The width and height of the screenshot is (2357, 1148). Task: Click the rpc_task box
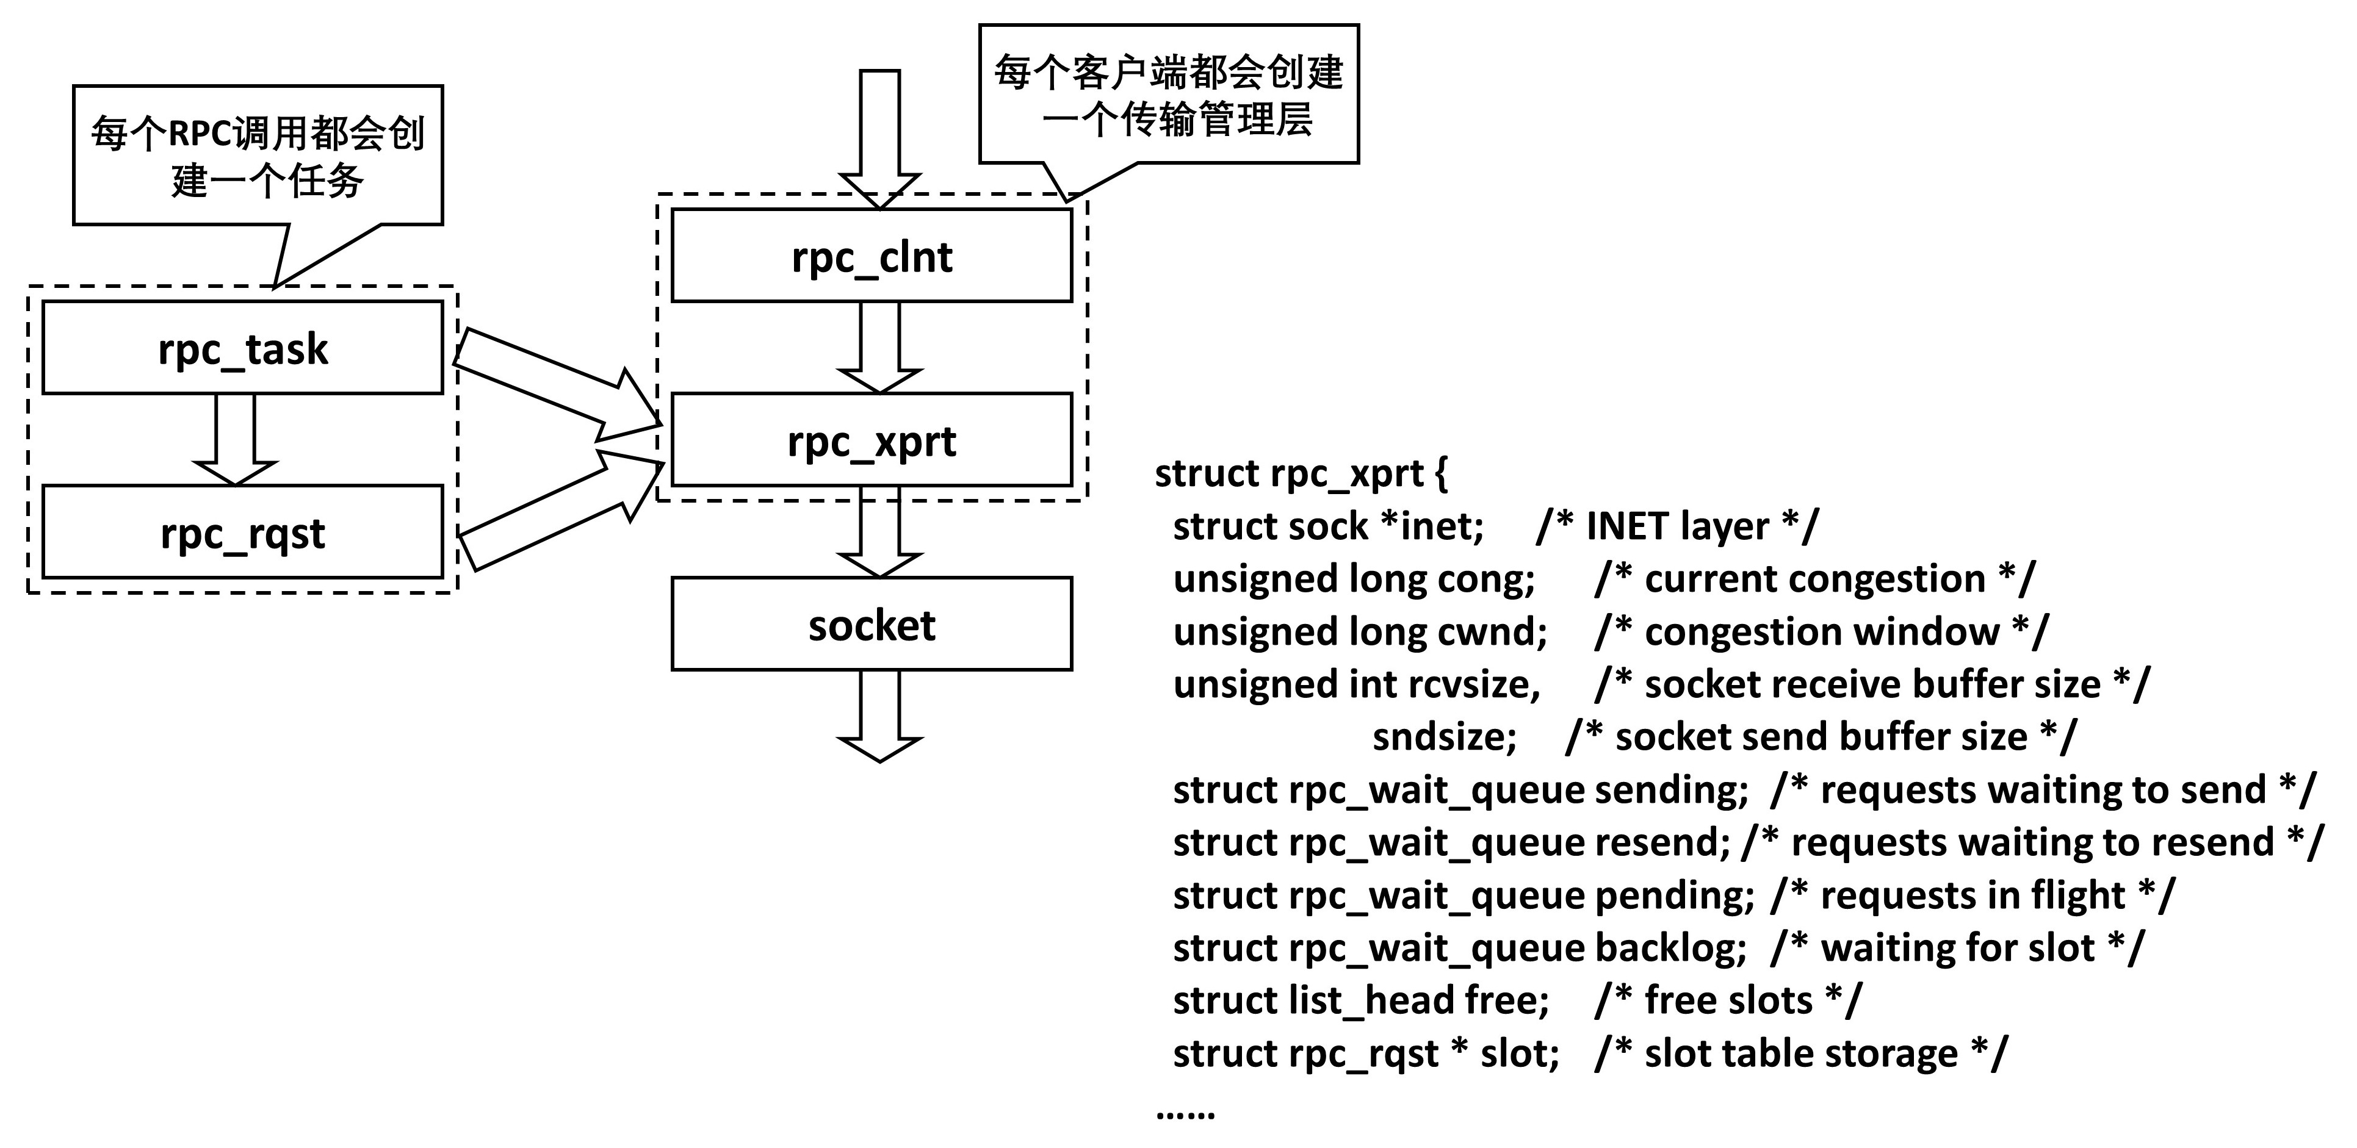point(242,348)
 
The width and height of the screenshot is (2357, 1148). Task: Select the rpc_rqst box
point(242,533)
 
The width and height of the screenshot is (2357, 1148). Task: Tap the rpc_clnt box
point(871,256)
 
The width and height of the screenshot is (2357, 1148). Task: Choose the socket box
point(871,625)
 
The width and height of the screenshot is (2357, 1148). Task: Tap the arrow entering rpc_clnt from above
point(879,137)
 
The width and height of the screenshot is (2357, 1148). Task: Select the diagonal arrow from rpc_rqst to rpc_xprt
point(558,508)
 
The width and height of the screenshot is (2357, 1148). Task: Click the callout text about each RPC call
point(258,156)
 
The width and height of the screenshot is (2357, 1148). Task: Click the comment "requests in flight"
point(1972,895)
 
